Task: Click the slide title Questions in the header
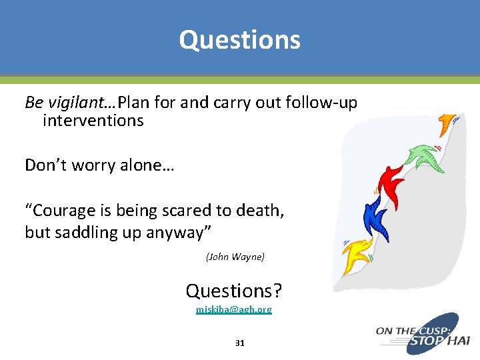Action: tap(239, 40)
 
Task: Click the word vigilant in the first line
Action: tap(81, 103)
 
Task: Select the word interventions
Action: tap(93, 121)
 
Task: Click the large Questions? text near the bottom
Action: tap(234, 291)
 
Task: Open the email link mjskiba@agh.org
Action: tap(234, 310)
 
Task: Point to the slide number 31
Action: tap(240, 343)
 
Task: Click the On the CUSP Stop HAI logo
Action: tap(423, 333)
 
